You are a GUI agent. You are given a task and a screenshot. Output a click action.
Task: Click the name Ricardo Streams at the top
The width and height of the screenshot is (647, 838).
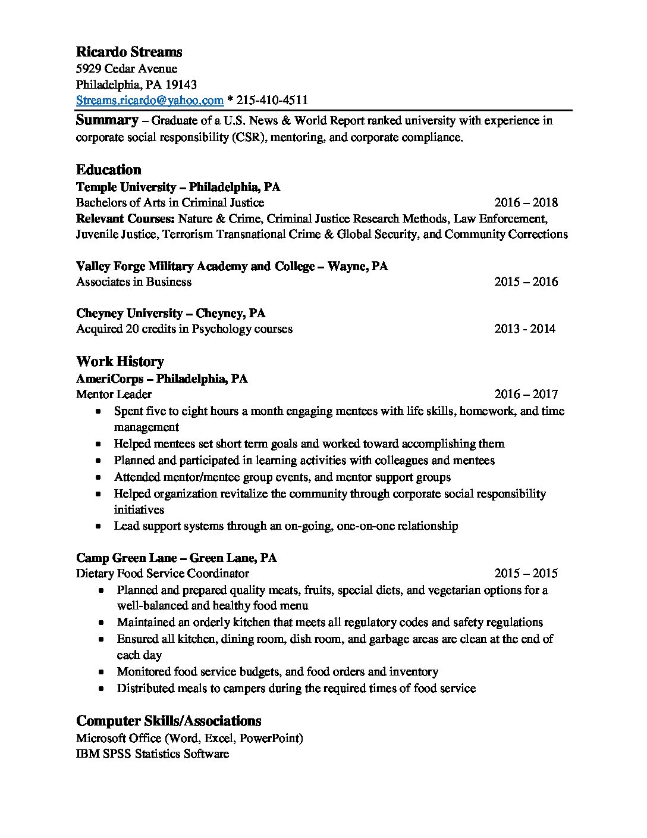[129, 52]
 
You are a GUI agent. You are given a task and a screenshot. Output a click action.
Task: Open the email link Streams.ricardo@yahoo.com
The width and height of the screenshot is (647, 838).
[150, 100]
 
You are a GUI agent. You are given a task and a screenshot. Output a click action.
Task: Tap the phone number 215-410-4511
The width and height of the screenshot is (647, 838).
[272, 100]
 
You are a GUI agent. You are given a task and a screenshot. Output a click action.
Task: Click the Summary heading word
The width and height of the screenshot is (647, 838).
[107, 120]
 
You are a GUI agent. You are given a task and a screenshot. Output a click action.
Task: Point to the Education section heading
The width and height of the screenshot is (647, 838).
[109, 170]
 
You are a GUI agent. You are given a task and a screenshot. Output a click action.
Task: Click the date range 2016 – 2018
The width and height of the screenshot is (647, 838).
[526, 202]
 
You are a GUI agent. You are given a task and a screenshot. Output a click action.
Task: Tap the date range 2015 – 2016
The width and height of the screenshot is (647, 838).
[526, 282]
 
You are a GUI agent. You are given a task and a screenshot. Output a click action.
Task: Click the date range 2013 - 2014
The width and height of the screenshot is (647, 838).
[524, 329]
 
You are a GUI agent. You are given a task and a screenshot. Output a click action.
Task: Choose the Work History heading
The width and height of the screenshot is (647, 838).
[120, 361]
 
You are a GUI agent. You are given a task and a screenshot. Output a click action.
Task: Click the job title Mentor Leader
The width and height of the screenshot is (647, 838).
[114, 394]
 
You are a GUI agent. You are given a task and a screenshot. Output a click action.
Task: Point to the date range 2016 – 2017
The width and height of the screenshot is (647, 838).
[526, 394]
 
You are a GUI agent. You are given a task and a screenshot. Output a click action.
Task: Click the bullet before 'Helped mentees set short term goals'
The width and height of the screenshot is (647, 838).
[98, 444]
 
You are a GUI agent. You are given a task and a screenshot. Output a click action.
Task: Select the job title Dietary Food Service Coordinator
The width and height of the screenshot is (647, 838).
[162, 573]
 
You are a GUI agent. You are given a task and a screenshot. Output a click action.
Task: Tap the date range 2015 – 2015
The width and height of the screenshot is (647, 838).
[526, 573]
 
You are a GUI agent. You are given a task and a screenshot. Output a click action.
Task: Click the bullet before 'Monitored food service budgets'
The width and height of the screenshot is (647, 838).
[102, 672]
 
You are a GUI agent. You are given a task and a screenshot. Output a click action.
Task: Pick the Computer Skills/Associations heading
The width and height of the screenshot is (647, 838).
[169, 721]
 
